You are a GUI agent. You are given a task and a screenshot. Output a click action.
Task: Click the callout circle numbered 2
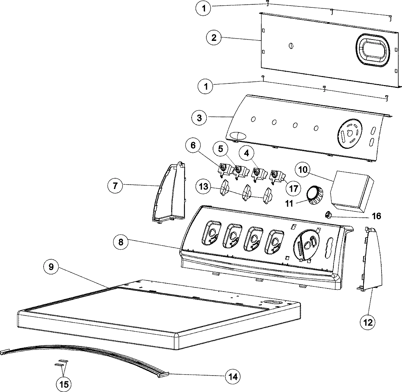tap(214, 38)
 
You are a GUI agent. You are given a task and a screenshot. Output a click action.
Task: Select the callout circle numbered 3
tap(200, 118)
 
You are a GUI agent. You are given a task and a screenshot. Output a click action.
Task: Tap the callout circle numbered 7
tap(116, 186)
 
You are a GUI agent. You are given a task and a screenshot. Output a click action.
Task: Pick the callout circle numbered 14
tap(233, 376)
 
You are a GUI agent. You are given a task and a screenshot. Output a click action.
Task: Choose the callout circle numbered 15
tap(64, 384)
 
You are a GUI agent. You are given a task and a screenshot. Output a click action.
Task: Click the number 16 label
tap(377, 216)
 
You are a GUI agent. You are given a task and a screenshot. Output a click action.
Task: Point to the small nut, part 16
tap(329, 214)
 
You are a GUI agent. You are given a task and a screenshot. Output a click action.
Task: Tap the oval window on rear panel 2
tap(372, 49)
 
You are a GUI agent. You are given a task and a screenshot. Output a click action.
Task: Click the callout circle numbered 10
tap(303, 170)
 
